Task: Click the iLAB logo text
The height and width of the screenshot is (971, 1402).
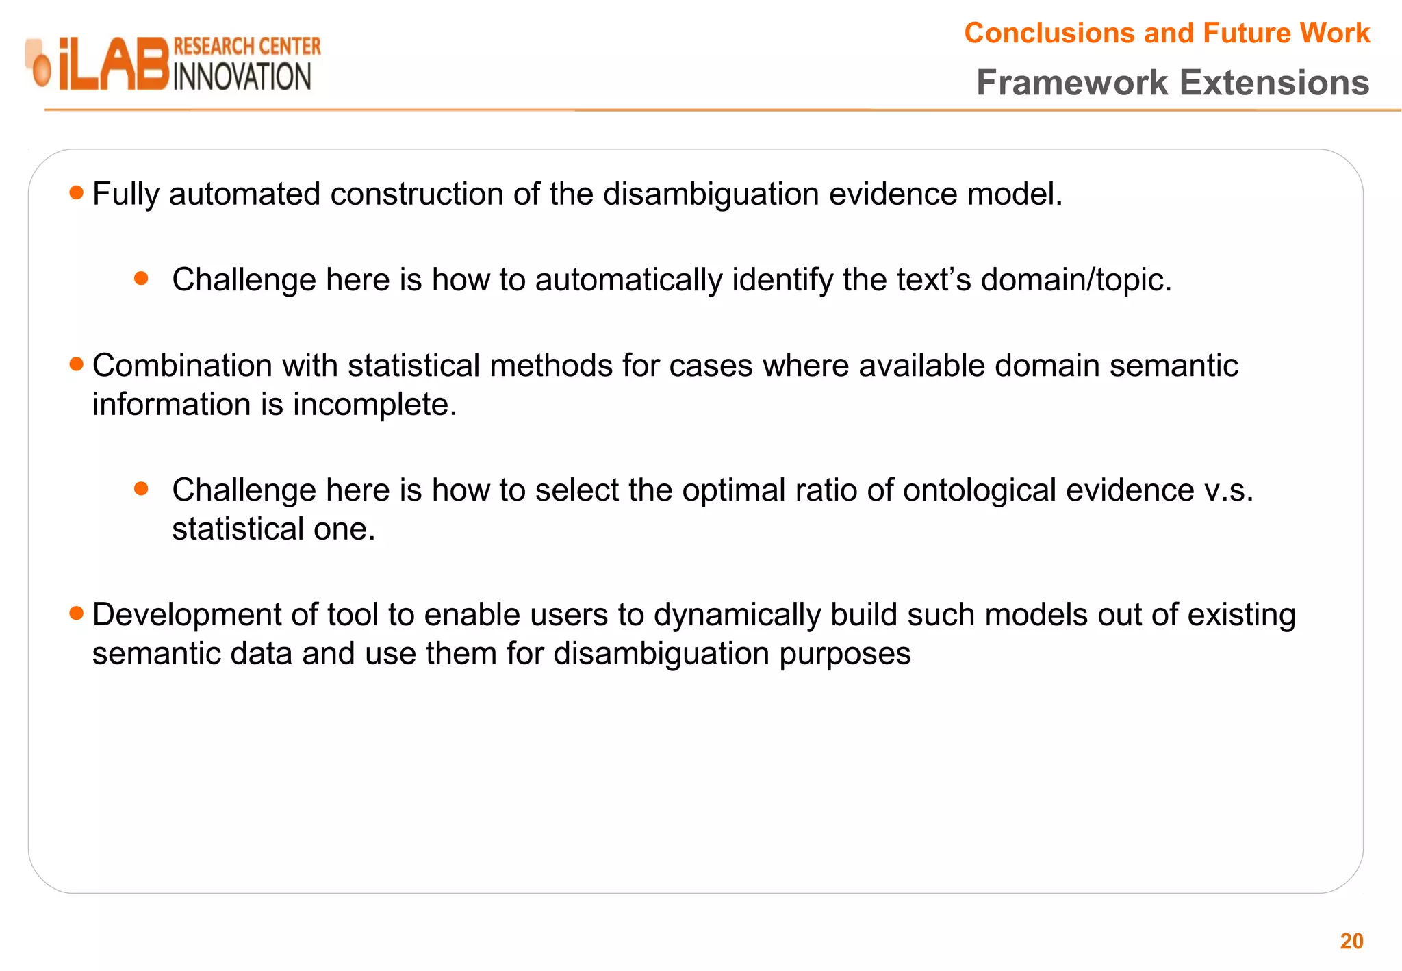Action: click(113, 64)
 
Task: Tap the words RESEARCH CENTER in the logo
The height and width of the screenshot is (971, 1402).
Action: click(247, 47)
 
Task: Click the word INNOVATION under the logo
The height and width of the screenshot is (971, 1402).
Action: click(242, 77)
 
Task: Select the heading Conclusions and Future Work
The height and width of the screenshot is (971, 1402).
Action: click(1167, 33)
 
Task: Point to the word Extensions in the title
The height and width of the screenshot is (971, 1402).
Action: click(1275, 83)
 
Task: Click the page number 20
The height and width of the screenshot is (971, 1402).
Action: click(1351, 941)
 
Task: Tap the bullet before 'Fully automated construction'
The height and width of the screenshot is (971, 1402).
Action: click(77, 193)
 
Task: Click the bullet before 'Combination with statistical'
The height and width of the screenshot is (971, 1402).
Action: click(77, 364)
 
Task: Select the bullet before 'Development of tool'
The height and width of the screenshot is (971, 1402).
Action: click(77, 613)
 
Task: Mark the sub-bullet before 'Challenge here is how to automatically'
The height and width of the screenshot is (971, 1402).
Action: click(142, 278)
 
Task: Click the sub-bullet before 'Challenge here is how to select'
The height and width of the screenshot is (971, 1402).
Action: click(142, 488)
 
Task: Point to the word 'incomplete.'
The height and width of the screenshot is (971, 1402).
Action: click(374, 405)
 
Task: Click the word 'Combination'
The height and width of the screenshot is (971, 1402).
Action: click(182, 366)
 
